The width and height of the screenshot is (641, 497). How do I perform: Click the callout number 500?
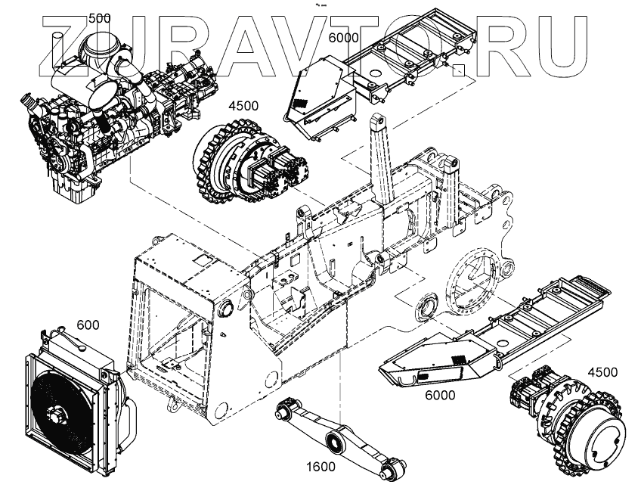pos(100,18)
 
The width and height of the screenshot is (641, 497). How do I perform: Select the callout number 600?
pos(88,325)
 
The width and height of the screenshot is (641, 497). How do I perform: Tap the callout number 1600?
pos(321,467)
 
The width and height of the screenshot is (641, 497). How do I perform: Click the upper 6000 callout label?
pos(344,37)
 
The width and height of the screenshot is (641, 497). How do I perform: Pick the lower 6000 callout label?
pos(438,395)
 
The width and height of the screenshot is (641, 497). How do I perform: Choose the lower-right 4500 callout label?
pos(602,371)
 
